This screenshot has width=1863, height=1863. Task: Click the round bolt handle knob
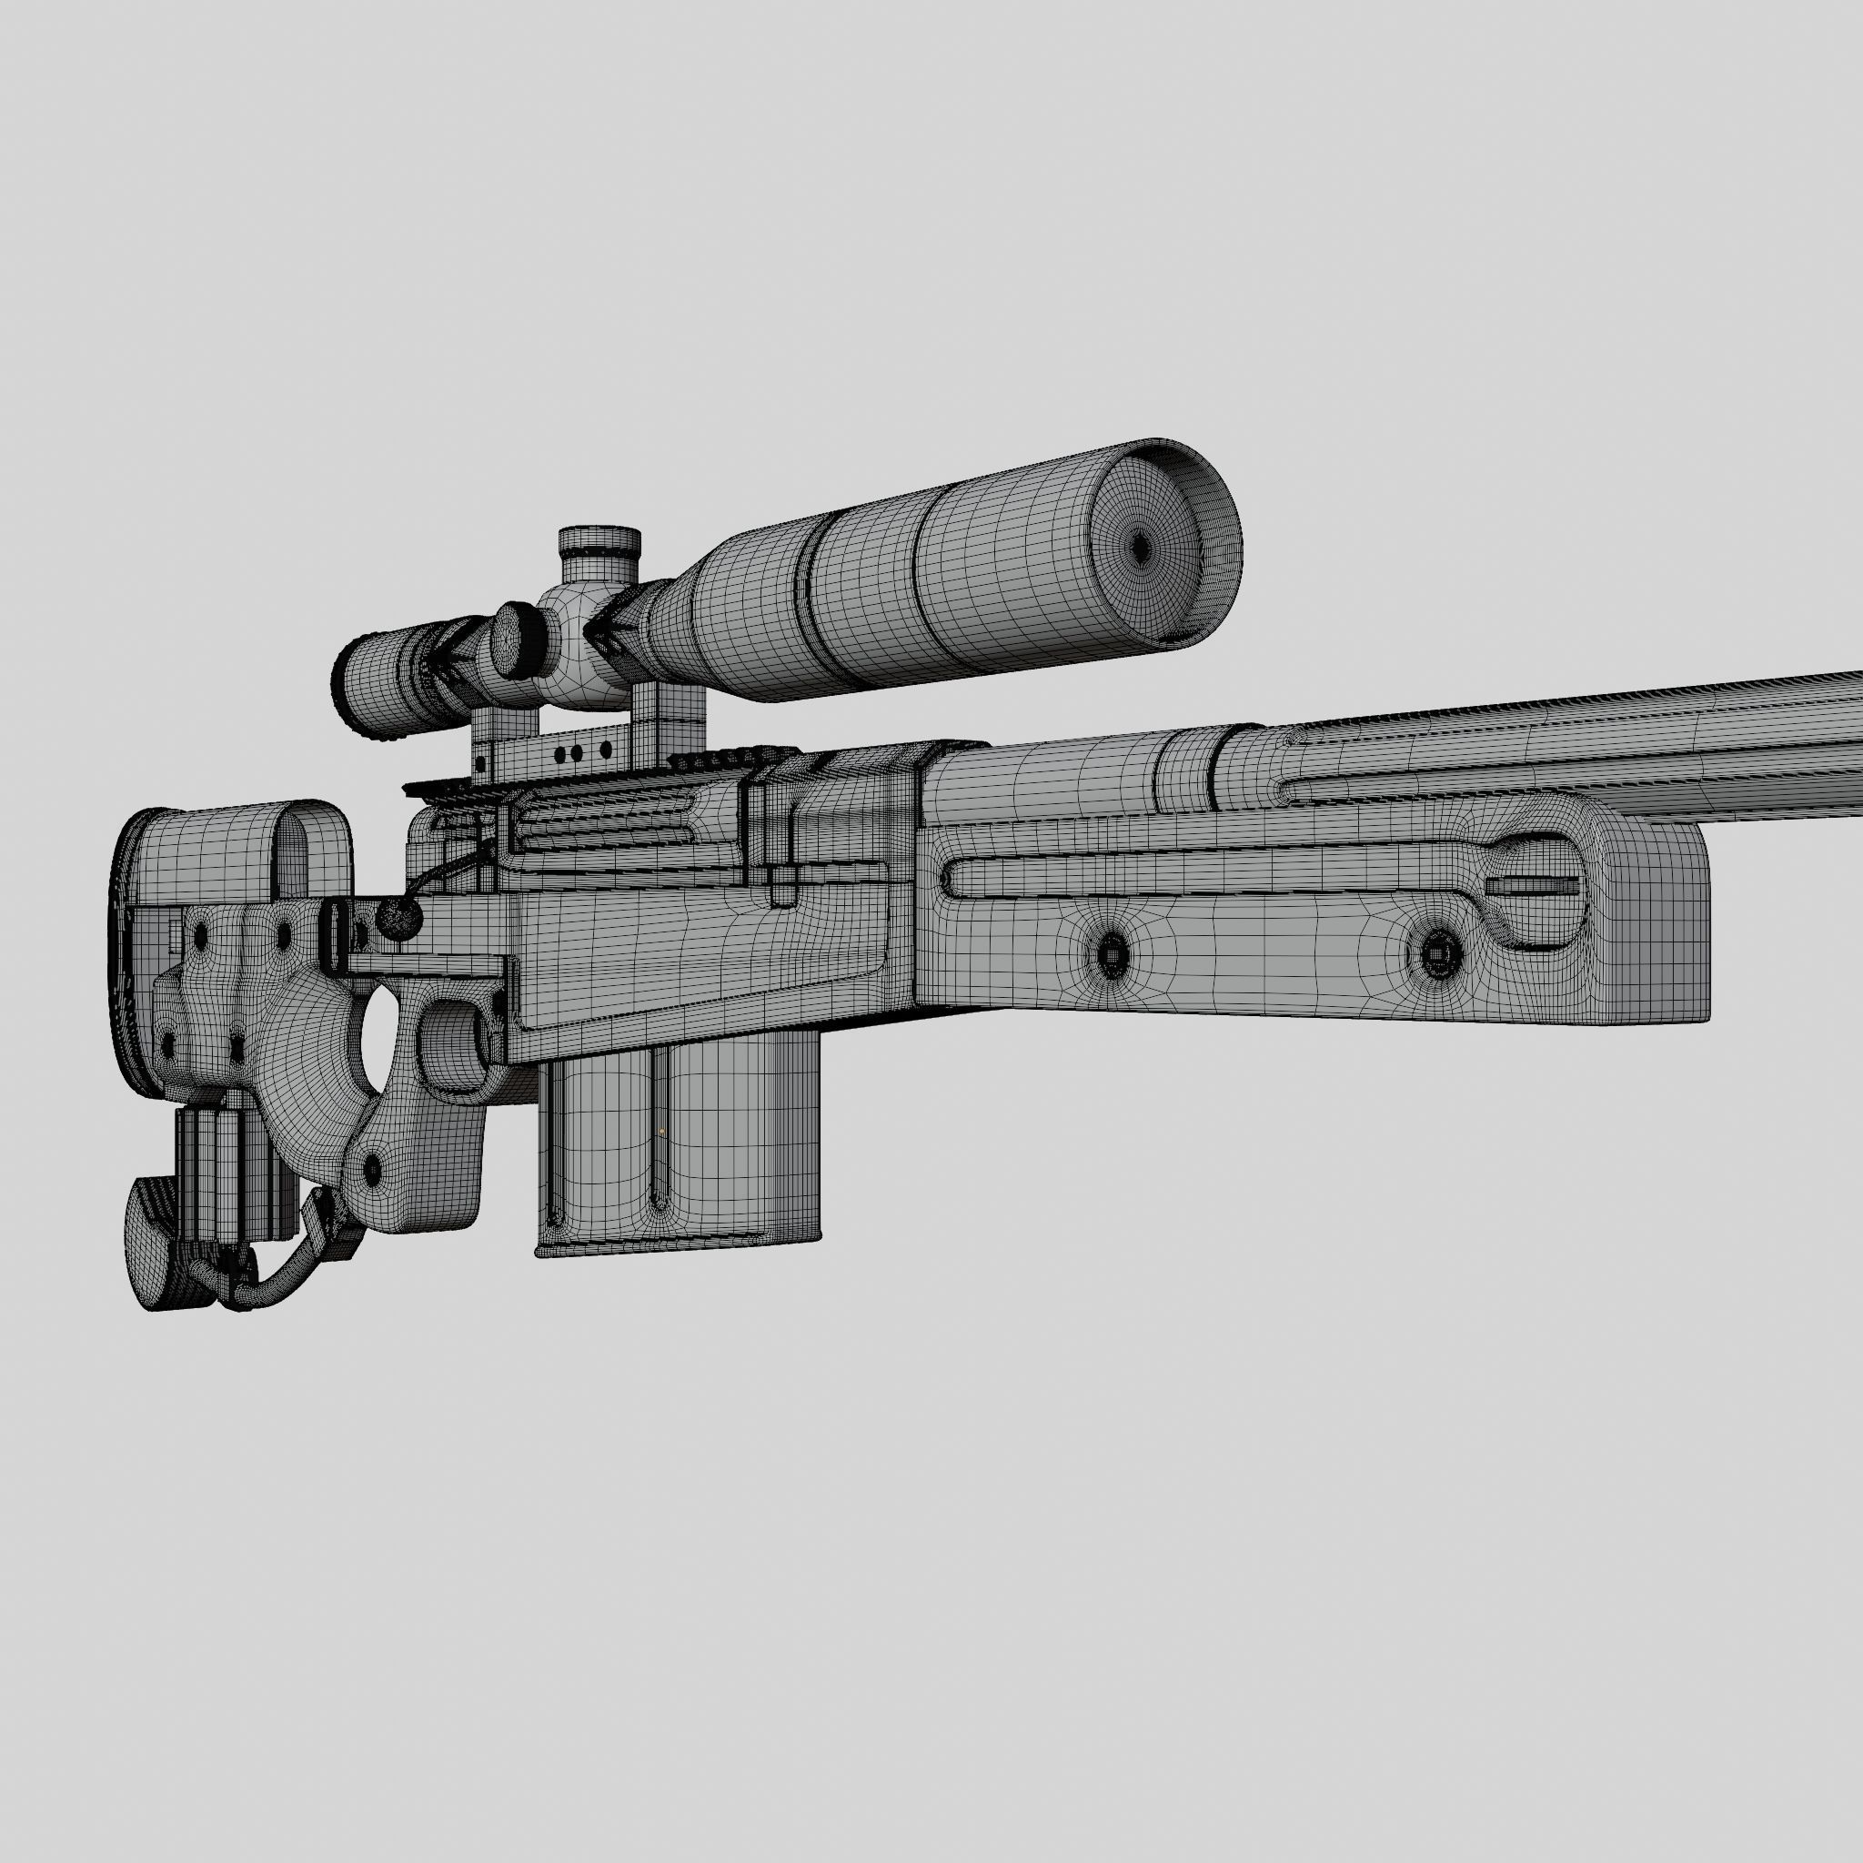point(398,919)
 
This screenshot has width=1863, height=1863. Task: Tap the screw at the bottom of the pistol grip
point(372,1170)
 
